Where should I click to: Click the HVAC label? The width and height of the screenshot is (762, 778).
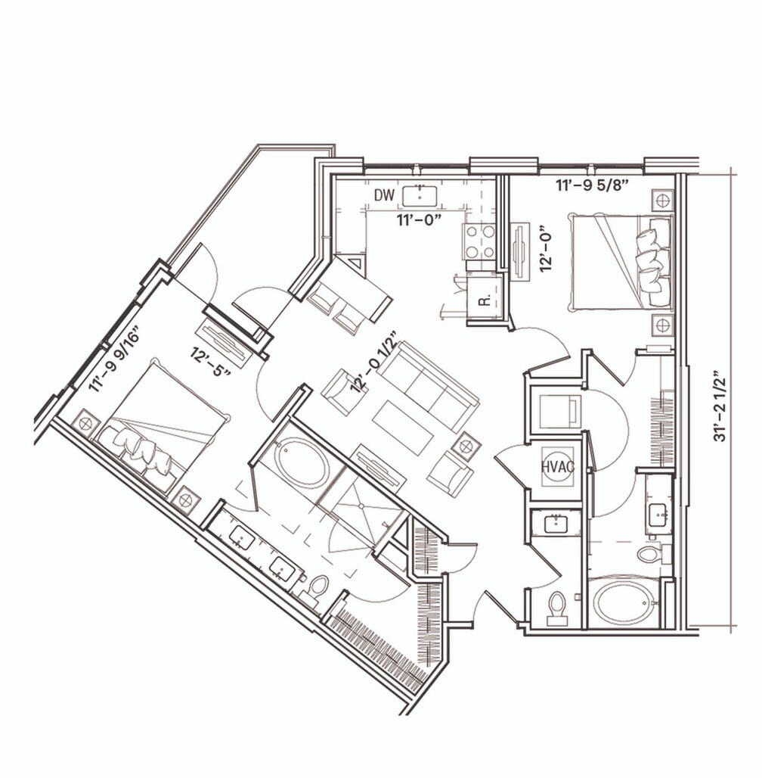tap(558, 467)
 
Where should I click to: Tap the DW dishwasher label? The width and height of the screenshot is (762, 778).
tap(384, 195)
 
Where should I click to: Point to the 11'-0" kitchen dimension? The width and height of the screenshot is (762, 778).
tap(420, 219)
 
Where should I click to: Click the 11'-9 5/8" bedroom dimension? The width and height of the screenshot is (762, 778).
tap(596, 184)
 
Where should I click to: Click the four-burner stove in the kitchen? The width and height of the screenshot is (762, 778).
tap(479, 241)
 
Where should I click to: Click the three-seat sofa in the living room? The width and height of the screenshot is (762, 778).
tap(428, 386)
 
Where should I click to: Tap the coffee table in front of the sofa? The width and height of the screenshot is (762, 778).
tap(402, 427)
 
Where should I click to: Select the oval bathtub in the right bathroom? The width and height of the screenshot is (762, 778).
tap(623, 602)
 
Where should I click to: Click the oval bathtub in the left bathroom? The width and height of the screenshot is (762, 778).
tap(302, 463)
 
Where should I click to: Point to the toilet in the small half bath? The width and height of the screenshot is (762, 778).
tap(557, 607)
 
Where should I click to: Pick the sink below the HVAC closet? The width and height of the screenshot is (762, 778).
tap(556, 523)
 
